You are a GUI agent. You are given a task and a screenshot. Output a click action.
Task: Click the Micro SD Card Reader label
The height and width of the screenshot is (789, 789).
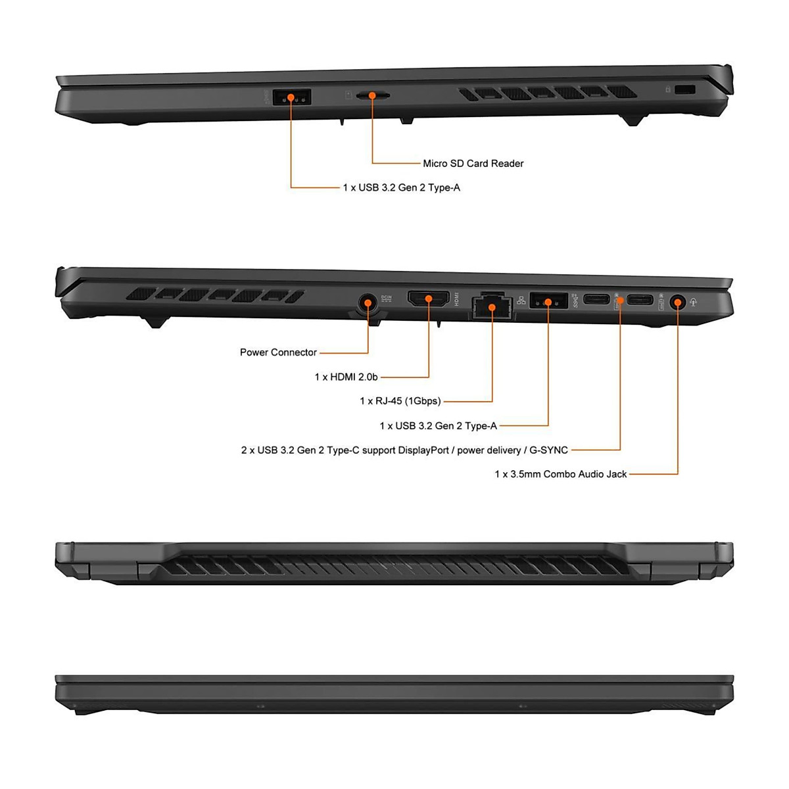click(473, 163)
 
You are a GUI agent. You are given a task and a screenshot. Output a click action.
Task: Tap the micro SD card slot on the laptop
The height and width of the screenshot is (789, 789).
click(372, 95)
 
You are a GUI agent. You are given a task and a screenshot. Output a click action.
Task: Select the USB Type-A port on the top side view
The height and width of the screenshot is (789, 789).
click(291, 97)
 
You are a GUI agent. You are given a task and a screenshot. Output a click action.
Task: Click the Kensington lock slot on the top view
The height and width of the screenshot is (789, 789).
click(685, 89)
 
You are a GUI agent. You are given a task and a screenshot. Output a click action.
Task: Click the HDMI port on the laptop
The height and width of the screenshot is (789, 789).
click(429, 299)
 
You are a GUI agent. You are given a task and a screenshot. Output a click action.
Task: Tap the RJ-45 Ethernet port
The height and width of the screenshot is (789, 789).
click(492, 306)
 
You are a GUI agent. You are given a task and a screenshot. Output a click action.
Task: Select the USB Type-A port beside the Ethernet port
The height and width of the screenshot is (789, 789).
click(548, 301)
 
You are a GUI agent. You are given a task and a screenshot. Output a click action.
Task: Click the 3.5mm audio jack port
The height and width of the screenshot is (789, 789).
click(677, 302)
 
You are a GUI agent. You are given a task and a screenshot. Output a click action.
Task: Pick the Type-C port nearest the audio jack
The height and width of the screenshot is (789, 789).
click(640, 300)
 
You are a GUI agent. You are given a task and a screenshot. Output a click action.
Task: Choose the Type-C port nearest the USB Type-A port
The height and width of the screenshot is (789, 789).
click(597, 300)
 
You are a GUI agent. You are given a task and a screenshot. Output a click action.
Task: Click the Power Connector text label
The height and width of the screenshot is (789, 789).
click(278, 352)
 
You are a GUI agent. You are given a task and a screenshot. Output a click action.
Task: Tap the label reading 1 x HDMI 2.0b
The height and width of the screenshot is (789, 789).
click(346, 377)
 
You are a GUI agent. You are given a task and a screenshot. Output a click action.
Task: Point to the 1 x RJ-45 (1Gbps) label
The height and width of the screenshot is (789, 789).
click(400, 401)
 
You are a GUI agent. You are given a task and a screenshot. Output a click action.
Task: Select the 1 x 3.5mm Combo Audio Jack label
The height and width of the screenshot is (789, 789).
click(560, 474)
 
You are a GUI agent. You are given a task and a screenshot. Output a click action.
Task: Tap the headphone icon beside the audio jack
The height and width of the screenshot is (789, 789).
click(694, 302)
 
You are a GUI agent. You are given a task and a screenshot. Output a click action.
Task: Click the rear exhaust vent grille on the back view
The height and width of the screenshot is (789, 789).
click(394, 564)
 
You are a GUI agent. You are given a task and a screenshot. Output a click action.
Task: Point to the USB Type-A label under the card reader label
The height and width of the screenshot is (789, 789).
click(401, 187)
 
